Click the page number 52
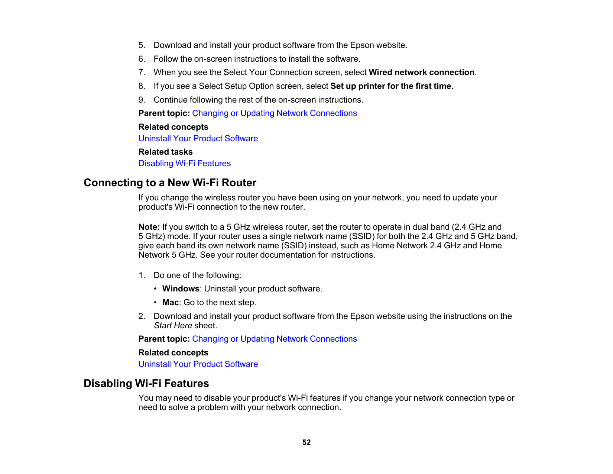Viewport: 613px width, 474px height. (x=306, y=442)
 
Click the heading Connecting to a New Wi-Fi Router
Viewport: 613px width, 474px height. (x=170, y=183)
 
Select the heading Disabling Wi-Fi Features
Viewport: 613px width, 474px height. (x=146, y=383)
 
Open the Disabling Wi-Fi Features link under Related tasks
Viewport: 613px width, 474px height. (x=184, y=163)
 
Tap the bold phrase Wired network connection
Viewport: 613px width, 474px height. (x=421, y=72)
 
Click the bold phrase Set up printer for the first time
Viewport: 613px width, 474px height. (x=390, y=86)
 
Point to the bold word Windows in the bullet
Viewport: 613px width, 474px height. (x=181, y=288)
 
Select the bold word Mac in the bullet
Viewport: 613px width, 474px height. (x=170, y=302)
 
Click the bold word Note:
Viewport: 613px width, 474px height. (x=149, y=227)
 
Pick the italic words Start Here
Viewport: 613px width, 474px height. (x=173, y=325)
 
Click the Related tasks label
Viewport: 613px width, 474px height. (x=165, y=152)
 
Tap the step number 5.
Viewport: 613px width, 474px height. (x=142, y=45)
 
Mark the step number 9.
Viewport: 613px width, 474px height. (x=142, y=100)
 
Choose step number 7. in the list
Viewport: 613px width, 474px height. (x=142, y=72)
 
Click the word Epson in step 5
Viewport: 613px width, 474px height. (x=362, y=45)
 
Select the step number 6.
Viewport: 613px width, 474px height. (x=142, y=59)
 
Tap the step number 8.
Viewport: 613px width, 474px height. (x=142, y=86)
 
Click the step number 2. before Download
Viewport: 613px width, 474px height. (x=142, y=316)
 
